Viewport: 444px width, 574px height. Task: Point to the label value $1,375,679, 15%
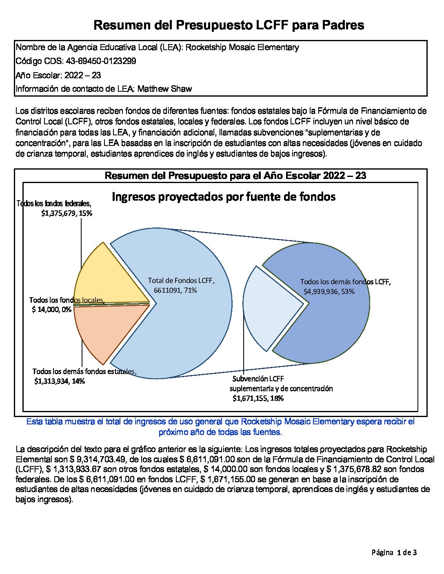point(67,213)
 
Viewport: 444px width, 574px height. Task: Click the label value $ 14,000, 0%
point(51,309)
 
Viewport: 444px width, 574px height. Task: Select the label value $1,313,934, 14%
point(60,381)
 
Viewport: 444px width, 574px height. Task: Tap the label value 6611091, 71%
point(175,290)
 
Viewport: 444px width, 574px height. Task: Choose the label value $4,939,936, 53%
point(329,291)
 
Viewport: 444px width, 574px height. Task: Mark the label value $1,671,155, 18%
point(258,398)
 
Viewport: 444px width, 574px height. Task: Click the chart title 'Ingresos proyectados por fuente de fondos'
point(224,197)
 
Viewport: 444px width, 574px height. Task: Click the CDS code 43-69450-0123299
point(101,61)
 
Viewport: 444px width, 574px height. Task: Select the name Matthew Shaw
point(164,89)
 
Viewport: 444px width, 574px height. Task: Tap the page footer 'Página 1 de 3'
point(394,553)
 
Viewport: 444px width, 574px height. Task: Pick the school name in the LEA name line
point(242,47)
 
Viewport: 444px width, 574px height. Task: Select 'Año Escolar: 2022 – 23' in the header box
point(58,75)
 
